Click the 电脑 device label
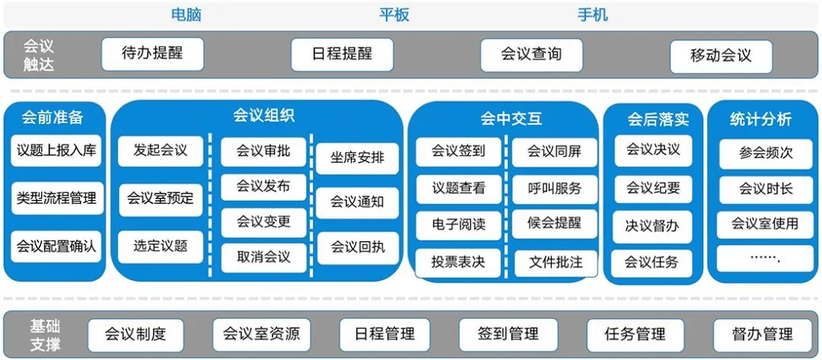point(186,14)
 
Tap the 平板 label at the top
point(394,14)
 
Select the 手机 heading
point(593,14)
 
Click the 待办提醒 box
point(152,54)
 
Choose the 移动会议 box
point(721,56)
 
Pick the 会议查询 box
point(531,55)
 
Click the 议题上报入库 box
point(56,151)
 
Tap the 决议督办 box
point(652,227)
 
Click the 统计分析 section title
point(760,119)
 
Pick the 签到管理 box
point(508,334)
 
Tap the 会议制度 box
point(135,335)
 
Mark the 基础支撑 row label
point(45,336)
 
